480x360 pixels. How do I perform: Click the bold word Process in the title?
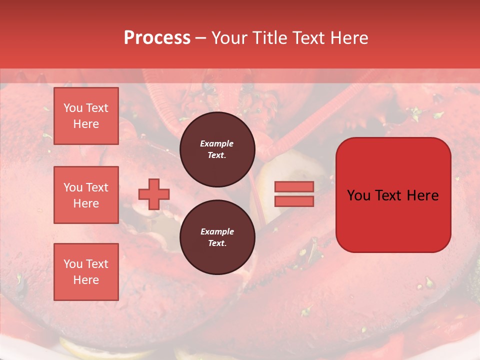[157, 38]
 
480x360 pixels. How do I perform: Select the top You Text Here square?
[86, 116]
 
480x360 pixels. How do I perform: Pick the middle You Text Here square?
[86, 195]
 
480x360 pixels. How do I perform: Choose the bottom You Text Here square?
[86, 272]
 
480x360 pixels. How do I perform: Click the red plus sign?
[154, 194]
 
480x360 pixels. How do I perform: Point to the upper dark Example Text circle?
[217, 149]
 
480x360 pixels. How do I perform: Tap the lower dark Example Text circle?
[217, 237]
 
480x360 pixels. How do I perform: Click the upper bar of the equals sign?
[294, 186]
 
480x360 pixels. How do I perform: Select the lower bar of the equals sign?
[294, 201]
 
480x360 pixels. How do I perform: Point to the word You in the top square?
[72, 108]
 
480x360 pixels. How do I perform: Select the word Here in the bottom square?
[86, 280]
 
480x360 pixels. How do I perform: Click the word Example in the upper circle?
[217, 143]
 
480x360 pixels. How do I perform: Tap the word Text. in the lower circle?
[217, 243]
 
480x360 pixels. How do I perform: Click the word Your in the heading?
[229, 38]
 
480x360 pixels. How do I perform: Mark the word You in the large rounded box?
[358, 195]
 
